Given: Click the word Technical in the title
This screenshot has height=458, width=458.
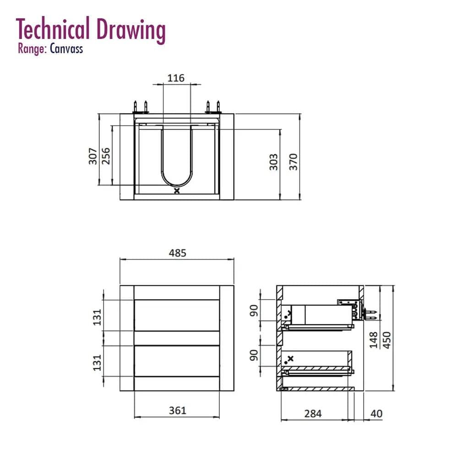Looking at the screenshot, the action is click(53, 29).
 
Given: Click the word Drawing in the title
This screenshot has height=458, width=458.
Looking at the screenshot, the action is click(131, 31).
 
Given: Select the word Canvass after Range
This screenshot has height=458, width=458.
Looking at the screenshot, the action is click(66, 49).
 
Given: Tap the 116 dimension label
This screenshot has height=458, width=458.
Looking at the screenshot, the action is click(176, 78).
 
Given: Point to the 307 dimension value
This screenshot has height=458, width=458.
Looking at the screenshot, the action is click(93, 156).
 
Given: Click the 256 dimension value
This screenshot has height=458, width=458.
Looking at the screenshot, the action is click(106, 156).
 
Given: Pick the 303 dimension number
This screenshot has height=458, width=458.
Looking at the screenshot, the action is click(273, 162).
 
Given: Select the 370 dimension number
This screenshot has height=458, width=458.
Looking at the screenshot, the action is click(293, 162).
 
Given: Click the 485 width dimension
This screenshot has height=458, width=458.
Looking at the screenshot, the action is click(177, 253).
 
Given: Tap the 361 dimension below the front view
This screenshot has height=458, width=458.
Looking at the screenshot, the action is click(177, 410).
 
